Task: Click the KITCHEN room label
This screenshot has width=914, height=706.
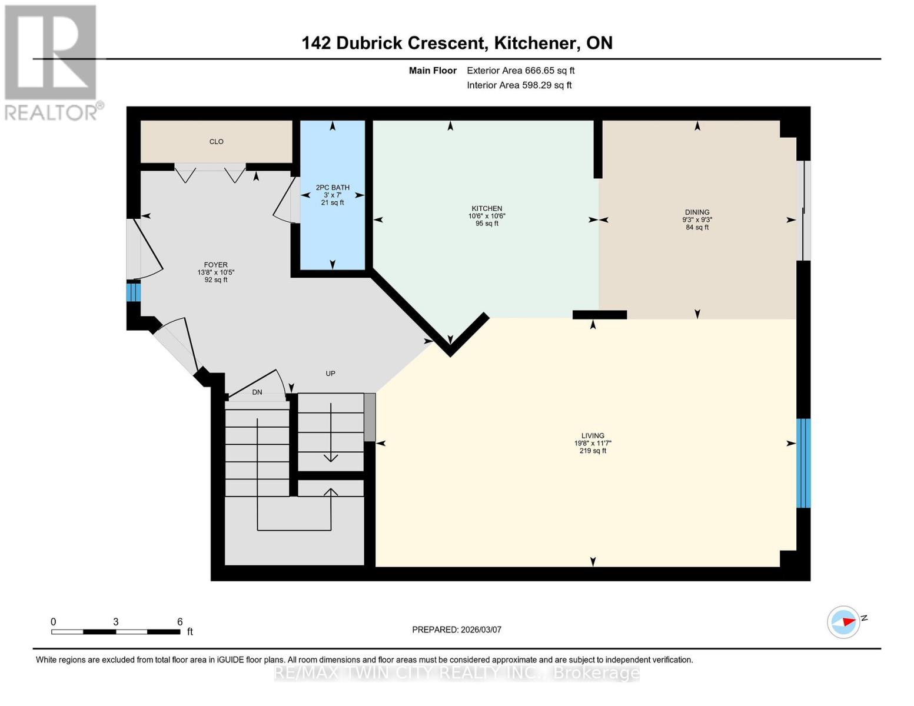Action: (x=487, y=209)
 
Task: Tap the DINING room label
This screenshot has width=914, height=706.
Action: (x=697, y=212)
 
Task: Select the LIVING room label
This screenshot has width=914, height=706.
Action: (x=593, y=436)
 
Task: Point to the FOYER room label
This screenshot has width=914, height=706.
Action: (x=215, y=265)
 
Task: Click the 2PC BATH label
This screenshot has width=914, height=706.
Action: (x=333, y=188)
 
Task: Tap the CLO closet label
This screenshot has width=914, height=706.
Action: (x=216, y=142)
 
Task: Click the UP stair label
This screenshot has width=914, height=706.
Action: (x=330, y=374)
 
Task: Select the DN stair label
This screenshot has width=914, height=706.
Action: (x=257, y=392)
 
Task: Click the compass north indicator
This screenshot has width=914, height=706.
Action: (x=845, y=622)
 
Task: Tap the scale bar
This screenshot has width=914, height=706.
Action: (x=115, y=632)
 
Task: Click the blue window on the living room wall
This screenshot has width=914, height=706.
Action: (x=803, y=463)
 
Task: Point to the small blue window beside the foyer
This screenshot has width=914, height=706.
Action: (x=134, y=292)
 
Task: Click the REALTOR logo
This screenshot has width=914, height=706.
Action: (x=51, y=62)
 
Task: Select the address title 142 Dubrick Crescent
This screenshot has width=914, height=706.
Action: (x=457, y=43)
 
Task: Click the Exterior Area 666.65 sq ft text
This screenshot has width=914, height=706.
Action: (x=520, y=71)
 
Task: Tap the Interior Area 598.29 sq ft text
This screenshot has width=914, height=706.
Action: (x=519, y=85)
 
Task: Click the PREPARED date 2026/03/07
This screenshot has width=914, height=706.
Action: (x=457, y=630)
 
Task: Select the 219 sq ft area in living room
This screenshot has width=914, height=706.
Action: (x=593, y=451)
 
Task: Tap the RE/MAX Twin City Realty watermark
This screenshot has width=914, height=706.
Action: (x=457, y=673)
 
